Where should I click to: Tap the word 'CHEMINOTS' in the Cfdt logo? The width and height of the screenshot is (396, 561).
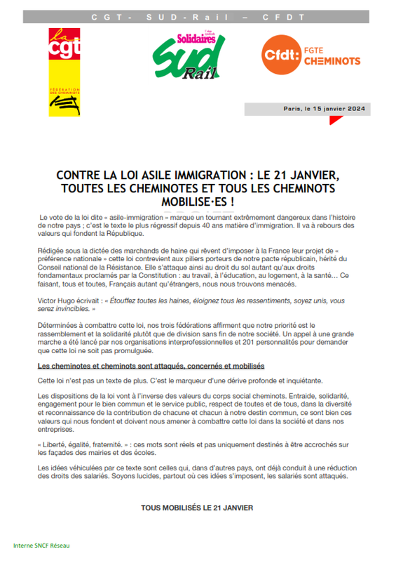point(332,61)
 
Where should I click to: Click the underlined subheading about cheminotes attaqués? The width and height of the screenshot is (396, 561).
point(150,367)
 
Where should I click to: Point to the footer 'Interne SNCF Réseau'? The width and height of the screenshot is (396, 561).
point(41,546)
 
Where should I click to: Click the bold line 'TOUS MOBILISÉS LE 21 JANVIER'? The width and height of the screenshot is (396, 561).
point(197,507)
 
